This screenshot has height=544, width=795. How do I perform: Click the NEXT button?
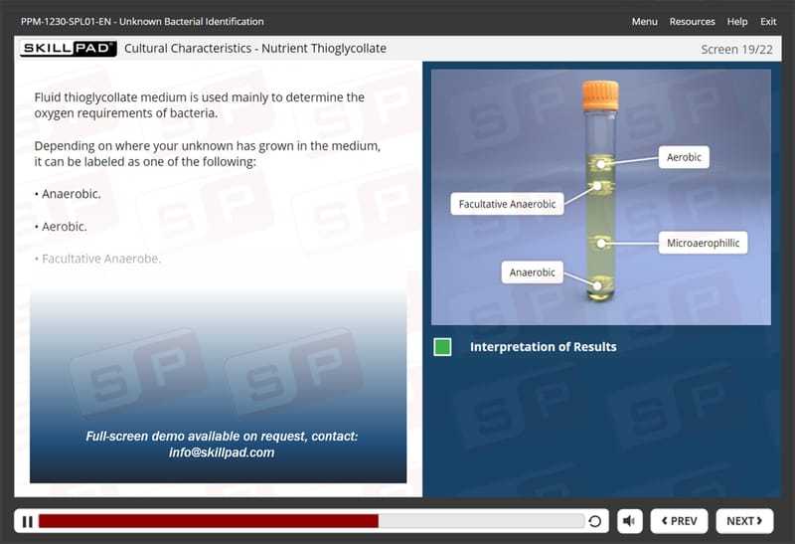point(744,521)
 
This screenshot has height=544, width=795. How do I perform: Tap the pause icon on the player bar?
point(28,522)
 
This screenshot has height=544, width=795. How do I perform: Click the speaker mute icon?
point(629,521)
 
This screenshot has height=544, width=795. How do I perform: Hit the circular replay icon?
point(595,521)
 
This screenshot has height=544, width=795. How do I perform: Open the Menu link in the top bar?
point(644,21)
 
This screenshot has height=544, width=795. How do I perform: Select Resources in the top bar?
point(692,21)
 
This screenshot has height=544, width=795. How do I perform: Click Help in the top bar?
point(737,21)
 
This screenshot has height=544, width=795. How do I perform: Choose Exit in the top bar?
point(768,21)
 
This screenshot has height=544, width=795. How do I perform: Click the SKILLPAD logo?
point(68,48)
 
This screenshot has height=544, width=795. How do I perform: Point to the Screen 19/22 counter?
point(736,49)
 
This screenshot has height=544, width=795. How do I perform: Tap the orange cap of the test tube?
point(600,94)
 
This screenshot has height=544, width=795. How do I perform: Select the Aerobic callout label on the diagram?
point(684,157)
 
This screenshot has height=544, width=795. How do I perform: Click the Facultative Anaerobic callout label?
point(507,204)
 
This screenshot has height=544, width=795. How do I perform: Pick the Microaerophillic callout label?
point(703,243)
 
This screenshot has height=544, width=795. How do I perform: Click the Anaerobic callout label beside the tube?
point(532,272)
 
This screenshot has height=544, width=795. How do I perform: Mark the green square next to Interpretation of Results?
point(442,347)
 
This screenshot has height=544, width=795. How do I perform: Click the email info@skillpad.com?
point(222,453)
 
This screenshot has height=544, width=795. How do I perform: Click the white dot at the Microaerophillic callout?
point(601,244)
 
